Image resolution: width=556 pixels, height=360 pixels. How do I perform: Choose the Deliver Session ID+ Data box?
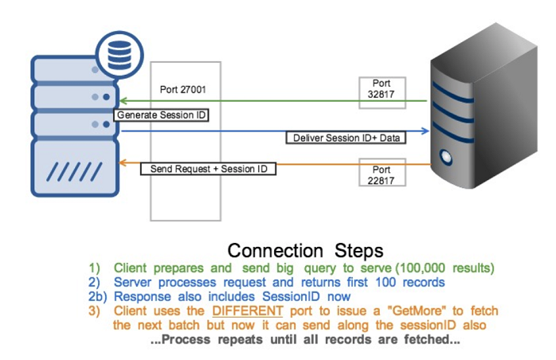click(346, 139)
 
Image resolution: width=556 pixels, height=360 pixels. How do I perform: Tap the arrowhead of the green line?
click(122, 100)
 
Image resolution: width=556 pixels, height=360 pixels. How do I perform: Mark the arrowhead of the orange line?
click(122, 163)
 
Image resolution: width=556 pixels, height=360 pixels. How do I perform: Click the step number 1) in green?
click(95, 267)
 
